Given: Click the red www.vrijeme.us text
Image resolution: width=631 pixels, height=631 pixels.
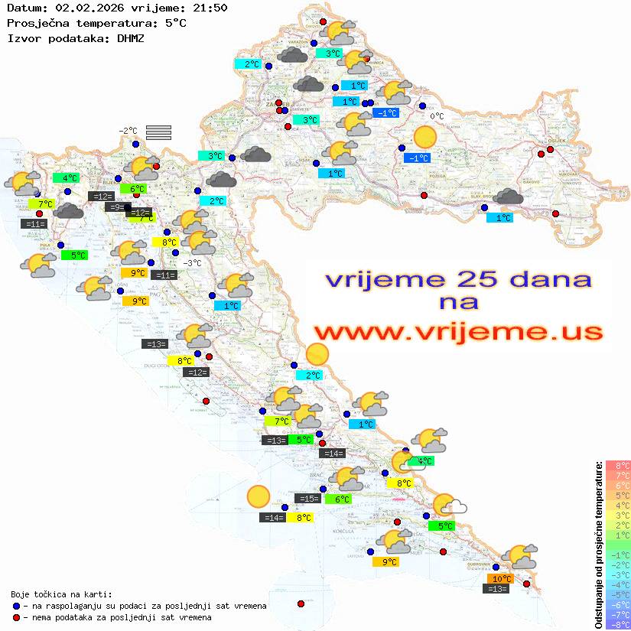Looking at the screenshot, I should pos(457,332).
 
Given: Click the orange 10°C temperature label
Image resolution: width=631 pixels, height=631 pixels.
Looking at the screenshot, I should pos(502,579).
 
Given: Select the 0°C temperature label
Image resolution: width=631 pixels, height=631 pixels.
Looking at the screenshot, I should pos(437,116).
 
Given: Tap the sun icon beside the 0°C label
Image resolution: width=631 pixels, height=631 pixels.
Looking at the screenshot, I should pos(424,138).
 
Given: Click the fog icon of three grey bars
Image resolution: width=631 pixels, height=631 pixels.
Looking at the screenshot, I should pos(158,132).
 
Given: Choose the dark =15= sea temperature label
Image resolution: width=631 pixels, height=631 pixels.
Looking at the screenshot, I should pos(307,499).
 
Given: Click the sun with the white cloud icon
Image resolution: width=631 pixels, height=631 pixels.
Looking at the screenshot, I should pos(450,506).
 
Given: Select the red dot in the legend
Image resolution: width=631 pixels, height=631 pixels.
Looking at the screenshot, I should pos(16,617).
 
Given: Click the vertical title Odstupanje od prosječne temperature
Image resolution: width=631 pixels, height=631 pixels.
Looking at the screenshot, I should pos(597,545).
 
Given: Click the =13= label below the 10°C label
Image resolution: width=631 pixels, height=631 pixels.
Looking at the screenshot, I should pos(497,589).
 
